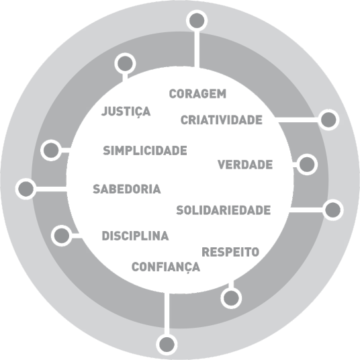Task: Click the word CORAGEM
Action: (x=197, y=94)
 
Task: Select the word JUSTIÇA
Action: (x=126, y=111)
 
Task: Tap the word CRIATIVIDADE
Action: (x=222, y=120)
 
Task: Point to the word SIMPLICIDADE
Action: (x=145, y=150)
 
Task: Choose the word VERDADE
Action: (x=245, y=165)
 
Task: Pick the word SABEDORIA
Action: (x=127, y=189)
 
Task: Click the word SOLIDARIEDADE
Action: (x=224, y=210)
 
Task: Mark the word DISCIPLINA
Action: (x=135, y=236)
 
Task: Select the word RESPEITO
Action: (x=230, y=252)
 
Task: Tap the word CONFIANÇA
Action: (x=166, y=267)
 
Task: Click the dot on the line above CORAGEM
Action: (x=197, y=21)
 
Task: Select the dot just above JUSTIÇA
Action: (x=125, y=63)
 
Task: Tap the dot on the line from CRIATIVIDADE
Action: (x=328, y=120)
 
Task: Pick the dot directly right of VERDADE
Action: (x=307, y=165)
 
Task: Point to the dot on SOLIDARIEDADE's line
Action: (x=333, y=210)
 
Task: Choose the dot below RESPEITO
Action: (x=231, y=298)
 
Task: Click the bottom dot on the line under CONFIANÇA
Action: (x=167, y=345)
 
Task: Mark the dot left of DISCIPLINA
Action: (x=62, y=236)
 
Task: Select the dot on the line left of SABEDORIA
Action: (x=26, y=189)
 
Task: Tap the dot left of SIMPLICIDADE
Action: (x=51, y=150)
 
